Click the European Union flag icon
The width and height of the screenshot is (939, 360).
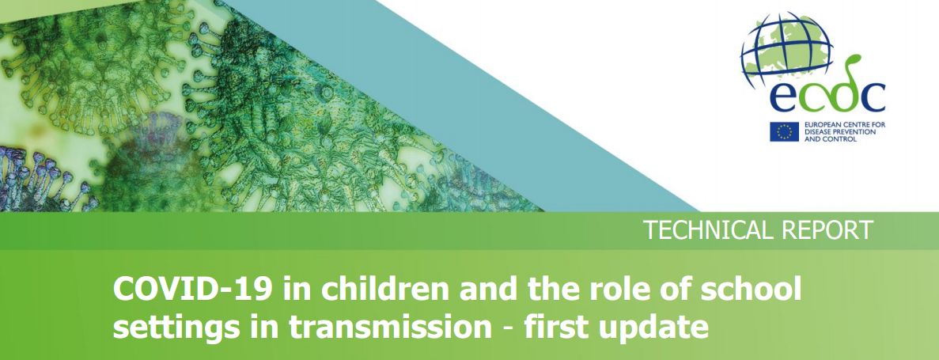[x=784, y=131]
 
